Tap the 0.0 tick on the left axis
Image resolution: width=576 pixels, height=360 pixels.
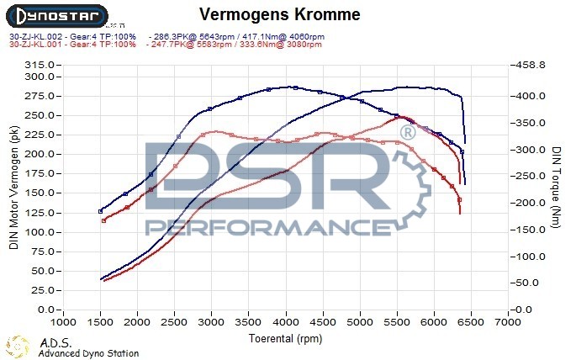[47, 310]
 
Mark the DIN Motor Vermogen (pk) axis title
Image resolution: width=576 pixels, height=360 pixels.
[13, 186]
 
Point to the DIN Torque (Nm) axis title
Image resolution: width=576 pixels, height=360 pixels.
[556, 187]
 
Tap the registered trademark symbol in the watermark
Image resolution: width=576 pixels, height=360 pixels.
[407, 133]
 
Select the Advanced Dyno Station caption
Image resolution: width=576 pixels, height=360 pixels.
[88, 353]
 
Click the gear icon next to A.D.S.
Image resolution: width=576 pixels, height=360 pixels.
[18, 347]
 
